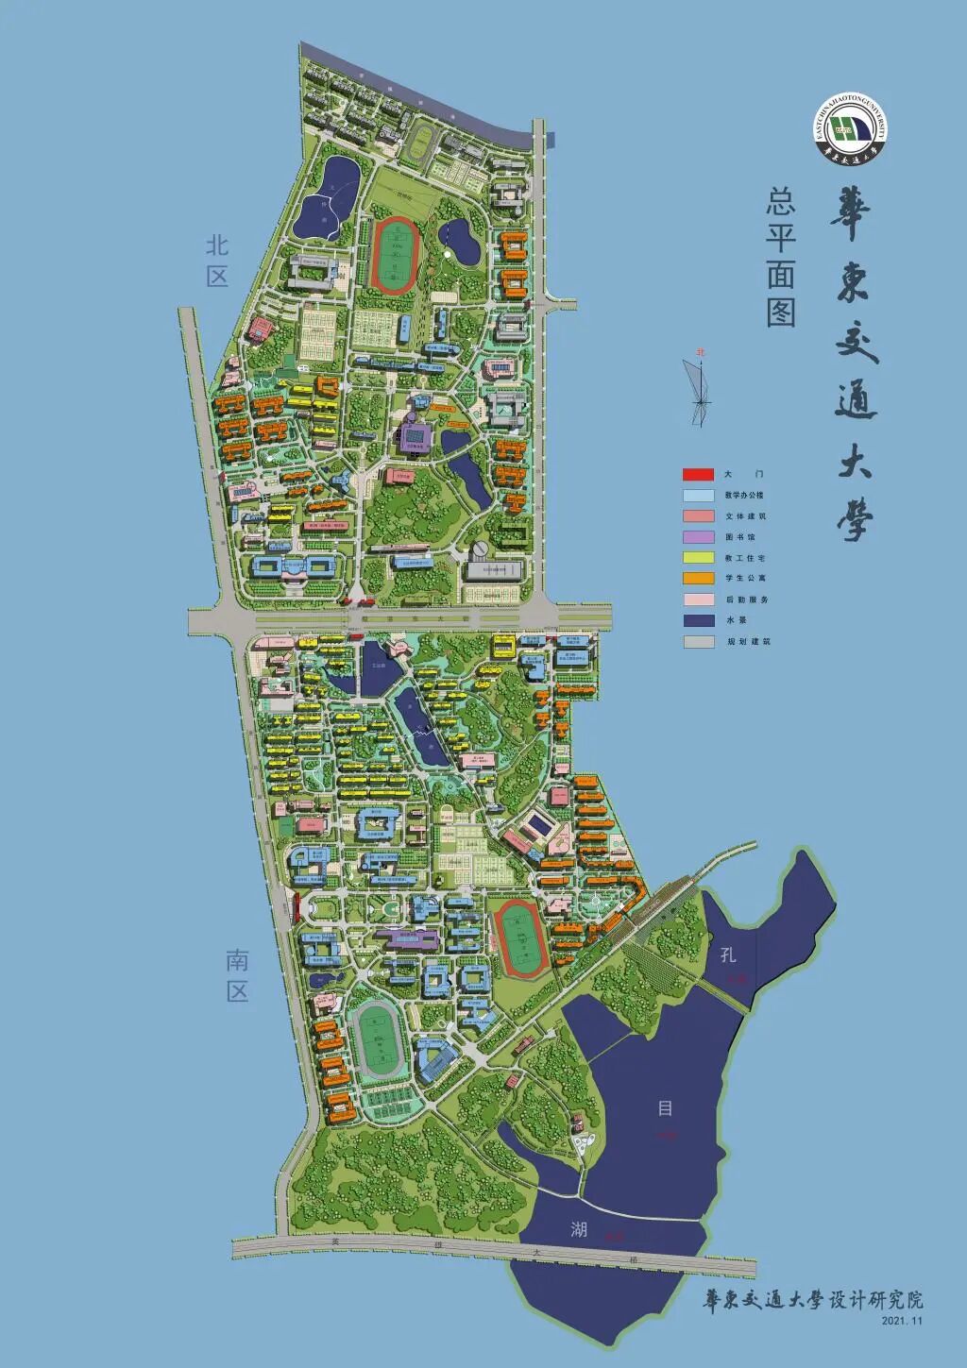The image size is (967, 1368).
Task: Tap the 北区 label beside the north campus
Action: tap(218, 261)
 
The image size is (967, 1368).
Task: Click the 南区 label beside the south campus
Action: tap(236, 975)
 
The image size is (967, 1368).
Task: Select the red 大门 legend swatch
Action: tap(698, 474)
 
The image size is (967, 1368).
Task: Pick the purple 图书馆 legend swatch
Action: tap(698, 536)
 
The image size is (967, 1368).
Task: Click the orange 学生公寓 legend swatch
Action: tap(698, 578)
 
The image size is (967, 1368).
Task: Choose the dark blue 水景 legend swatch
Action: tap(698, 620)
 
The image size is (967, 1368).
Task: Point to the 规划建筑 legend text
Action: tap(748, 641)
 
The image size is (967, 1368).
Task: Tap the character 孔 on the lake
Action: tap(728, 954)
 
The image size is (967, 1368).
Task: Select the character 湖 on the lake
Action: tap(579, 1228)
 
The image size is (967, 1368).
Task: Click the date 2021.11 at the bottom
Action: tap(902, 1321)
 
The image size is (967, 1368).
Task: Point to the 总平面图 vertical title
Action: tap(780, 257)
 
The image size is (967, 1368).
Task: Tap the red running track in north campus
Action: tap(396, 254)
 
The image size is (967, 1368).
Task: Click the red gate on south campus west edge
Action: tap(296, 907)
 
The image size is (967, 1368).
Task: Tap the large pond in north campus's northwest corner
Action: tap(326, 197)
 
